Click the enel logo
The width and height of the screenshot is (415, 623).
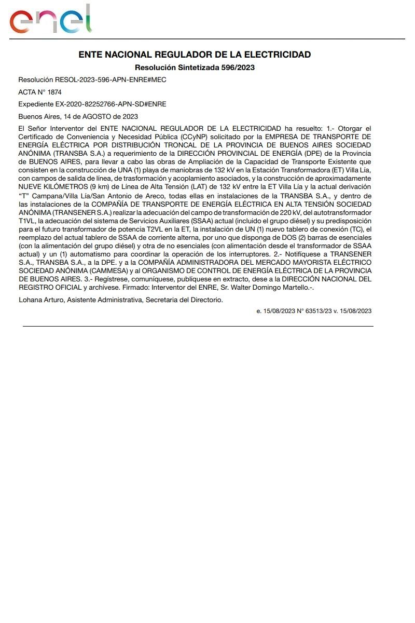pyautogui.click(x=50, y=20)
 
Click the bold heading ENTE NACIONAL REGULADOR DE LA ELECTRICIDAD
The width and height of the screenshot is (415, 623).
pyautogui.click(x=195, y=55)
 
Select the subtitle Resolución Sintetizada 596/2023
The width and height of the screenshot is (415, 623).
pyautogui.click(x=195, y=67)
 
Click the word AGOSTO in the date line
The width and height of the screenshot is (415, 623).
pyautogui.click(x=97, y=116)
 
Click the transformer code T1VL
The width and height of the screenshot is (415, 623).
pyautogui.click(x=26, y=221)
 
